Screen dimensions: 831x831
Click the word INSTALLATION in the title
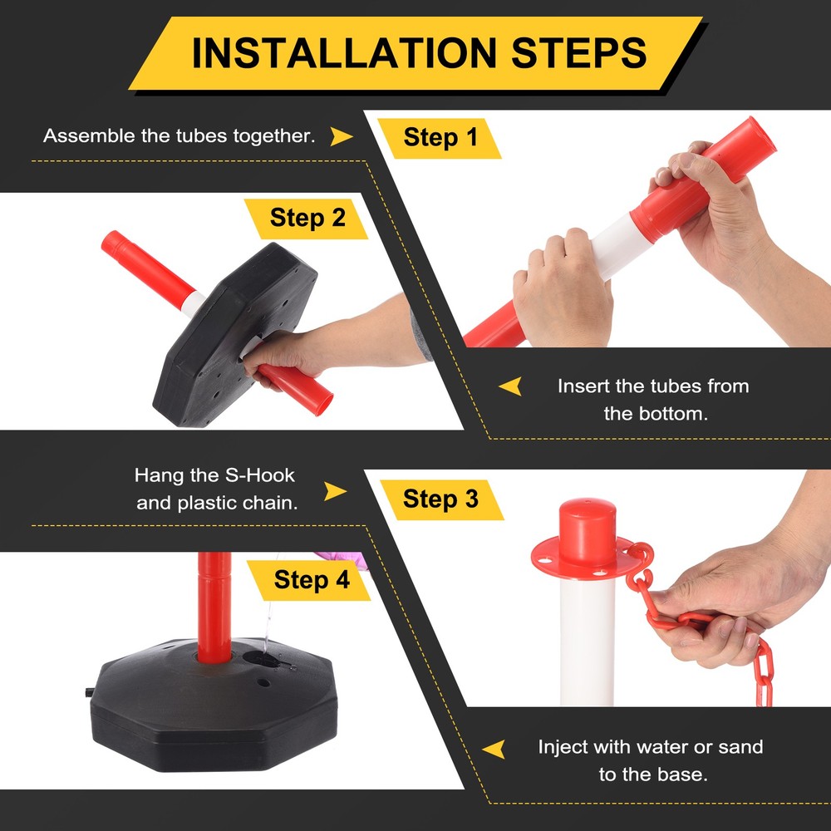coord(344,53)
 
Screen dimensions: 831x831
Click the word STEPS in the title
coord(578,53)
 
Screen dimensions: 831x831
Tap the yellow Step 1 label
coord(440,138)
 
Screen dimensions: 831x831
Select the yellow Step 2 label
coord(307,219)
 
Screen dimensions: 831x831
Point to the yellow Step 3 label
coord(441,499)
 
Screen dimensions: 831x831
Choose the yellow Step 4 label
coord(311,580)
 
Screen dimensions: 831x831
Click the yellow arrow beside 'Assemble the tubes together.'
coord(341,136)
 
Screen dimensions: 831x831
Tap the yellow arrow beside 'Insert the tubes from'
coord(511,386)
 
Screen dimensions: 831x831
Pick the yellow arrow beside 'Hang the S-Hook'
coord(335,491)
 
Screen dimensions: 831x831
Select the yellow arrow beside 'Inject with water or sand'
coord(494,750)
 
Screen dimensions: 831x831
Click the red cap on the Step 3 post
coord(588,532)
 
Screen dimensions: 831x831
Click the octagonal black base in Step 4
coord(214,705)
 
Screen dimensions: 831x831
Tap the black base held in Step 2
coord(234,334)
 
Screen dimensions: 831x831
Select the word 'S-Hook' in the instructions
coord(259,475)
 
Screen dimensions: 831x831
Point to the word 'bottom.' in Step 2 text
coord(680,414)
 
